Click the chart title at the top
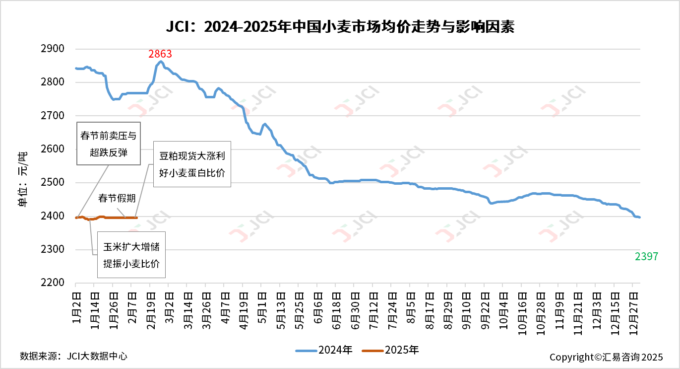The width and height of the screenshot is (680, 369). click(340, 27)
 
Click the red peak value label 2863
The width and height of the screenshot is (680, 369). click(160, 54)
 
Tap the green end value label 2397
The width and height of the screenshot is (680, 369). click(646, 256)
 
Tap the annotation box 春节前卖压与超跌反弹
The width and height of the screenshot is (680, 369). click(109, 144)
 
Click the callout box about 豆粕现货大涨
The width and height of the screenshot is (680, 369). click(192, 164)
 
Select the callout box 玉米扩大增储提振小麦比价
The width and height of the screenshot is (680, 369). click(131, 255)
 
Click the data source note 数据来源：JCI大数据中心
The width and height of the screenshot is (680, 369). click(73, 356)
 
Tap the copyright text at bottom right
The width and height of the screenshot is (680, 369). click(606, 357)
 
